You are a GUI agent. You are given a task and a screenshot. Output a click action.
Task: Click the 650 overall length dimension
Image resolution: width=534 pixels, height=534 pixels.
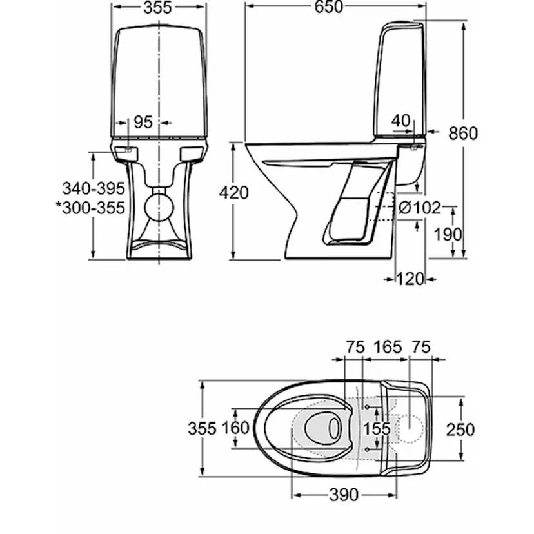tap(330, 7)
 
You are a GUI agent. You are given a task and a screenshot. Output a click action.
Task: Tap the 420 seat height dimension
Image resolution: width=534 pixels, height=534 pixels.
tap(233, 192)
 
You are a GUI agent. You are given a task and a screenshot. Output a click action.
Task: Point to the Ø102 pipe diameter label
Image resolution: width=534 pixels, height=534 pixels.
tap(419, 208)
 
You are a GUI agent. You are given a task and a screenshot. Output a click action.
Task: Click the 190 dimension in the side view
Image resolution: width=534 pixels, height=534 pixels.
tap(447, 233)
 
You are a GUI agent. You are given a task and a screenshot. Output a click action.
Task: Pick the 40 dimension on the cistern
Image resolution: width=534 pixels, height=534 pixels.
tap(400, 120)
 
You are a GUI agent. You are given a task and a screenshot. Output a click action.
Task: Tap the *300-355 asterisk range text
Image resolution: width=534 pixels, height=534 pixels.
tap(90, 208)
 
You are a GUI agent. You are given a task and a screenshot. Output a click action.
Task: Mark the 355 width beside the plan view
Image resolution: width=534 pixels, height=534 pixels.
tap(202, 429)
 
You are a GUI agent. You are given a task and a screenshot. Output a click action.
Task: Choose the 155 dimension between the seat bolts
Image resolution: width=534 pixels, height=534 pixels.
tap(377, 429)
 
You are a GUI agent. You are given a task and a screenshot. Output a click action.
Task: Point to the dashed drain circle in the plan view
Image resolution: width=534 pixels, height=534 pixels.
tap(407, 428)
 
